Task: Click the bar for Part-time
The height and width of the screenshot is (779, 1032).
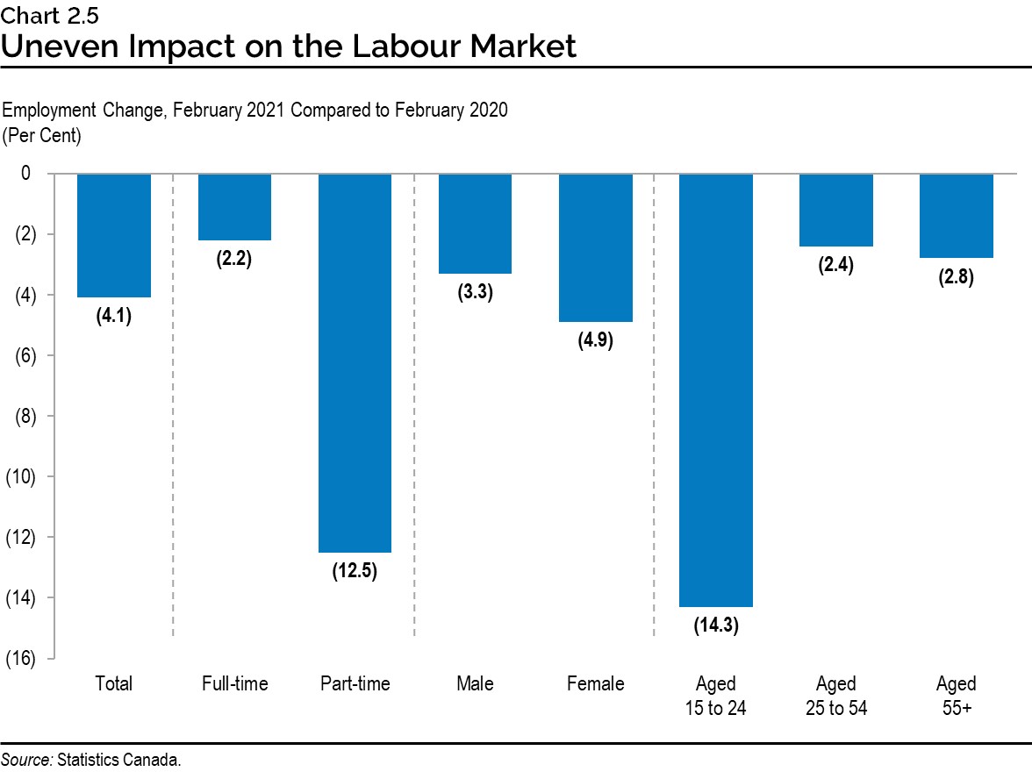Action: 355,363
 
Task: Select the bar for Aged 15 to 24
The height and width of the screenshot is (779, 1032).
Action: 716,390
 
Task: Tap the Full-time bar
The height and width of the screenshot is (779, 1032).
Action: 234,207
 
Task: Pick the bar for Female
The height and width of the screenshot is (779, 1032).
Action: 596,248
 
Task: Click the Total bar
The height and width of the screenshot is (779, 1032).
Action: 114,236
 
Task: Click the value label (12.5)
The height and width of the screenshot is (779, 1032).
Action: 355,572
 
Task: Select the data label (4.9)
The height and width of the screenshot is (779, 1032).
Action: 596,341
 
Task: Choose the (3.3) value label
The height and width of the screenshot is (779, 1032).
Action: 475,293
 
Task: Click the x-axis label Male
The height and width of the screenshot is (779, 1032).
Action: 475,684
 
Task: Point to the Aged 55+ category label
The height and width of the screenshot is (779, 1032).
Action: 956,696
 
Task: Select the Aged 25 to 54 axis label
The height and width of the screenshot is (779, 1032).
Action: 836,696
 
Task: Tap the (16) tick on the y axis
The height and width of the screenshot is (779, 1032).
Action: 25,659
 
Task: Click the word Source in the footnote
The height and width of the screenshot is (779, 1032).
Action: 26,760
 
